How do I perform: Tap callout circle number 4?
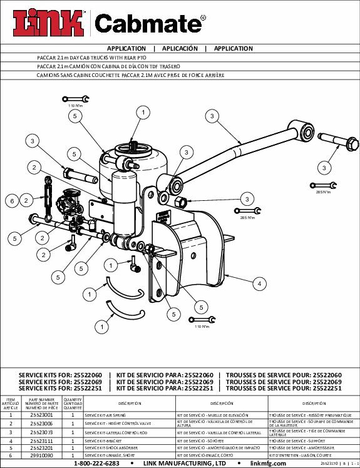point(258,283)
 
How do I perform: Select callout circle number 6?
point(11,201)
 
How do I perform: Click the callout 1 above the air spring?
point(143,112)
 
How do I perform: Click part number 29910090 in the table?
point(41,457)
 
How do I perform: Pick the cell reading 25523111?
point(41,440)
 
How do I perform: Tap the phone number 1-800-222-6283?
point(96,464)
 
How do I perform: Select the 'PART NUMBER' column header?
point(41,404)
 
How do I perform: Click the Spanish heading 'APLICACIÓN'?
point(180,48)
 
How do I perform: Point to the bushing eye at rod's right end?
point(308,130)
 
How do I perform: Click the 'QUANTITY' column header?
point(73,404)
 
